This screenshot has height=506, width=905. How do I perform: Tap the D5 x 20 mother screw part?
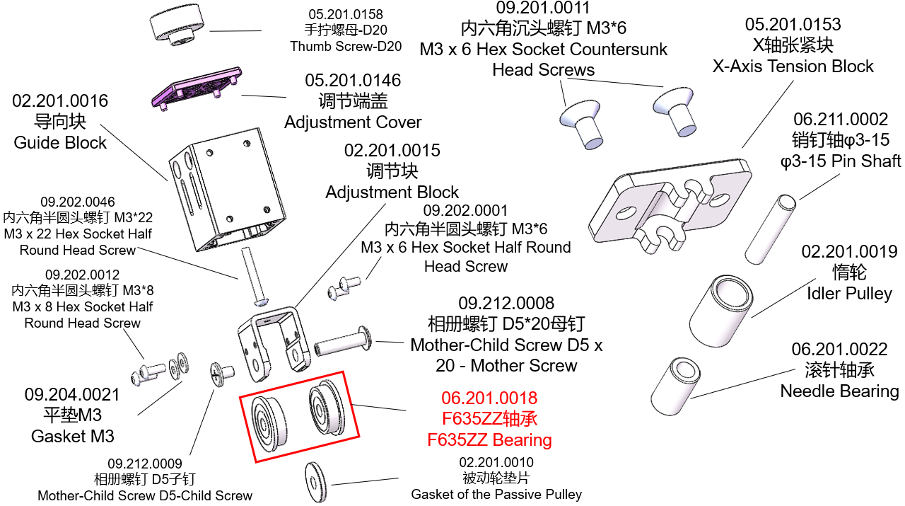pyautogui.click(x=344, y=344)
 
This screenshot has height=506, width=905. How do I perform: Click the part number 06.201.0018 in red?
pyautogui.click(x=489, y=398)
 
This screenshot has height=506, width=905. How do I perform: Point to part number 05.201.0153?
pyautogui.click(x=793, y=25)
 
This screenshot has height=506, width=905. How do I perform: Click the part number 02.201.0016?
pyautogui.click(x=60, y=101)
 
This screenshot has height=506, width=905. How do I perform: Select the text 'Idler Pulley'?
pyautogui.click(x=849, y=293)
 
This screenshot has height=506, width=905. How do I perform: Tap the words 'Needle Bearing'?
pyautogui.click(x=839, y=391)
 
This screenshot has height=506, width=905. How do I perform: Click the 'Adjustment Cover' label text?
pyautogui.click(x=353, y=122)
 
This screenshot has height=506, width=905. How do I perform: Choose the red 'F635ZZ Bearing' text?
pyautogui.click(x=489, y=439)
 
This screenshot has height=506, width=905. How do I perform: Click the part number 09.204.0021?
pyautogui.click(x=72, y=395)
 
